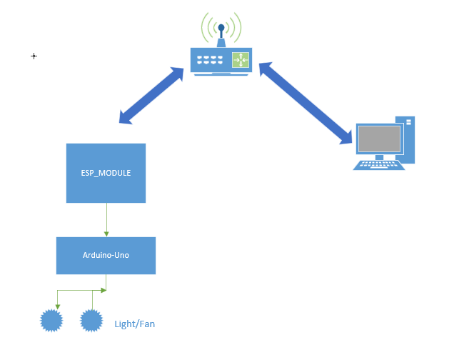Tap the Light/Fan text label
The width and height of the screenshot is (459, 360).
[135, 324]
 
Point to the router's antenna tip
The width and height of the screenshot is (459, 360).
[221, 29]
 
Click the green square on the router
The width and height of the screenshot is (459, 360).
[240, 60]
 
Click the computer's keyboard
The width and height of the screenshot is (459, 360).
[379, 164]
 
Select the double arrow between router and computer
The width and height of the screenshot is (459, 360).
[307, 100]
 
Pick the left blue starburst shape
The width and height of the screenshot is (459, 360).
[52, 321]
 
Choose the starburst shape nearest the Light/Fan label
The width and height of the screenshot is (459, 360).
[91, 321]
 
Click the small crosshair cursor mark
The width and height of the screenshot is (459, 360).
[34, 56]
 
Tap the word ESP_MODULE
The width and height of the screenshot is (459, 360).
[106, 174]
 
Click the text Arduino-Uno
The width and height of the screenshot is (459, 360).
[106, 255]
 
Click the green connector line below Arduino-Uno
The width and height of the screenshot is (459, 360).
[82, 290]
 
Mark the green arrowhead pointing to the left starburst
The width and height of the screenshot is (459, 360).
[57, 306]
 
